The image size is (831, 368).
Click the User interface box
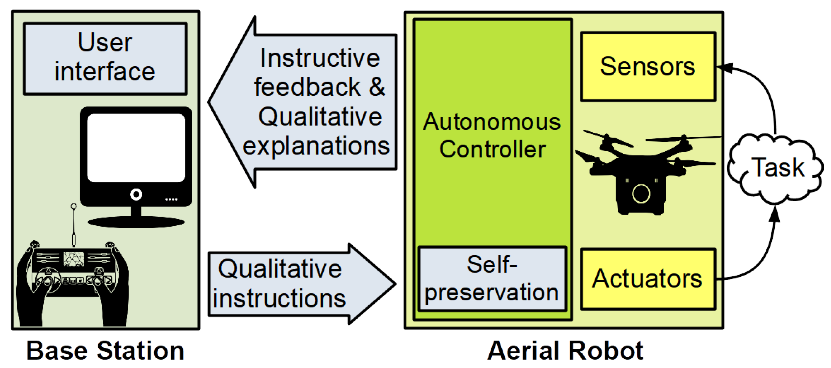click(105, 58)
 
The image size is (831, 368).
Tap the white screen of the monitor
click(136, 148)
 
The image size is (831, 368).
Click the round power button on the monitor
click(136, 194)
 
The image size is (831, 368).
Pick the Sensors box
click(648, 67)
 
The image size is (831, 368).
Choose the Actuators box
click(648, 279)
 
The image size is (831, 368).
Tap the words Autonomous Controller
click(492, 135)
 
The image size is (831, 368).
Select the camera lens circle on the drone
click(641, 194)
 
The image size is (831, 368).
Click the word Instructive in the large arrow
click(320, 58)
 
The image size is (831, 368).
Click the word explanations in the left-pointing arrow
click(316, 146)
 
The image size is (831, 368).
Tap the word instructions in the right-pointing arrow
click(279, 298)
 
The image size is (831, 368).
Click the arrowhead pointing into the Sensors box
click(724, 68)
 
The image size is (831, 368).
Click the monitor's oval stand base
click(136, 222)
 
